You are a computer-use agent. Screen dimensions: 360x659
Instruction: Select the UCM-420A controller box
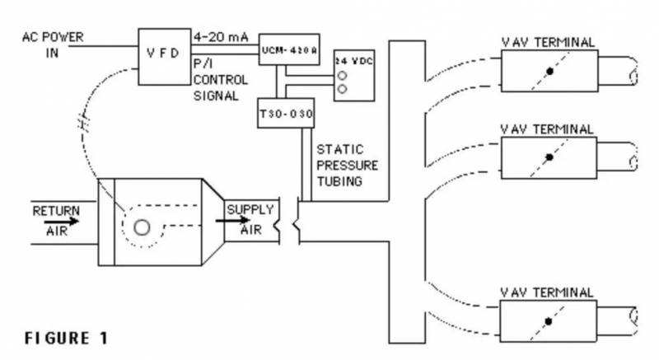(282, 47)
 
